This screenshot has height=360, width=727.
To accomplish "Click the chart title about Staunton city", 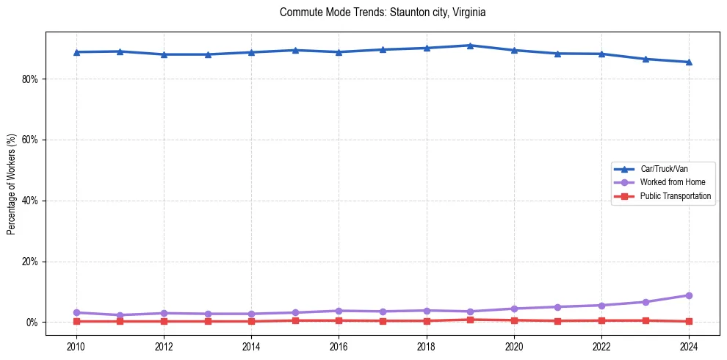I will coord(383,12).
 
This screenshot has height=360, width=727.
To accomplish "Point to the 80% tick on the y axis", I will coord(30,79).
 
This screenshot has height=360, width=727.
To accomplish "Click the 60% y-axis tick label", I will coord(30,140).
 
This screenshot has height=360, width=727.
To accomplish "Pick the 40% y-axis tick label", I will coord(30,201).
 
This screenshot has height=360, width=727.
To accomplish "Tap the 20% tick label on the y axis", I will coord(30,262).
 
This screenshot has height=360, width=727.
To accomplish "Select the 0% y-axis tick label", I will coord(32,323).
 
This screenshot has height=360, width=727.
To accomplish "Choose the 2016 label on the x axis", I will coord(339,347).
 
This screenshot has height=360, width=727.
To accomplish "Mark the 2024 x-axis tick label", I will coord(689,347).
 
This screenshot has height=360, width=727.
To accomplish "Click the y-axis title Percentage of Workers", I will coord(12,184).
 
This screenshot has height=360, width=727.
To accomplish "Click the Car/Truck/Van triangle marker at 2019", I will coord(470,46).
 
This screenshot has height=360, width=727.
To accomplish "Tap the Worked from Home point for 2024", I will coord(689,295).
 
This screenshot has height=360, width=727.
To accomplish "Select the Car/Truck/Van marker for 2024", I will coord(689,62).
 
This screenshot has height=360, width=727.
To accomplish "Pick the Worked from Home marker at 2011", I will coord(120,315).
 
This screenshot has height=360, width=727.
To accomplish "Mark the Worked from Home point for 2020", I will coord(514,309).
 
